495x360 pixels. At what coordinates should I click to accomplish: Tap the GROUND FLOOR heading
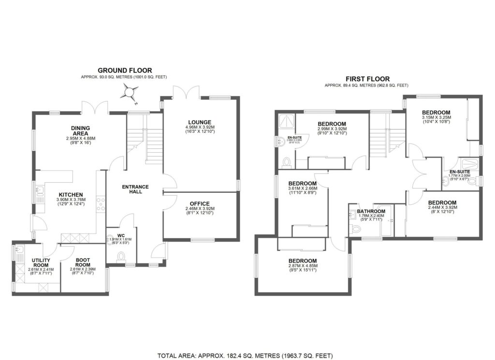click(x=125, y=71)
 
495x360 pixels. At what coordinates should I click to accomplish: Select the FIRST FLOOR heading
click(x=367, y=79)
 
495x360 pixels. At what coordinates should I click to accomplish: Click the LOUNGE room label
click(x=200, y=122)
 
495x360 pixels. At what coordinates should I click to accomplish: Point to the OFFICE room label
click(x=200, y=203)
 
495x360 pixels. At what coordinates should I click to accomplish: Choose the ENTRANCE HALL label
click(x=135, y=190)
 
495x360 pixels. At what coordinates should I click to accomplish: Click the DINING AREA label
click(x=81, y=130)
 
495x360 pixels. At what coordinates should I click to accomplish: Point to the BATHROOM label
click(x=371, y=211)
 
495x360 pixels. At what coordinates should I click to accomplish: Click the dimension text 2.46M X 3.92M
click(x=200, y=209)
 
